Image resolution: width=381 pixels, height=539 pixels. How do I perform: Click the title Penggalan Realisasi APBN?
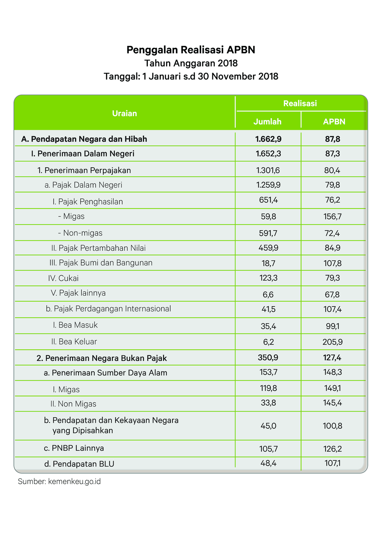(191, 50)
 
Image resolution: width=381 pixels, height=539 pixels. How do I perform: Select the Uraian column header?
(124, 113)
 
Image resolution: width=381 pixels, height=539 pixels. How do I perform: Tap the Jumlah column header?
(267, 121)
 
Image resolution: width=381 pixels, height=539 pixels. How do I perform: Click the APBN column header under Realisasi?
(334, 121)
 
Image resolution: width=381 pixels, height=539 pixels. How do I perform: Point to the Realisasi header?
(300, 103)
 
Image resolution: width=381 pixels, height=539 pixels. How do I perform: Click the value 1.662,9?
(268, 139)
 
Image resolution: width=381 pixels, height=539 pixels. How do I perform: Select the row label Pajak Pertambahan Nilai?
(98, 248)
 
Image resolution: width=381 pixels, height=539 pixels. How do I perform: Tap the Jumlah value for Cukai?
(268, 278)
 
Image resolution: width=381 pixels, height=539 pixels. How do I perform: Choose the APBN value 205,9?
(333, 342)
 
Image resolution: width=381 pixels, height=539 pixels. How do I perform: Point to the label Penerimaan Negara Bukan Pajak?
(102, 358)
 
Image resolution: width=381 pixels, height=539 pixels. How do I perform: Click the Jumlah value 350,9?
(268, 358)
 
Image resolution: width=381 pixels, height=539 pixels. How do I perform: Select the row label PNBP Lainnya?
(74, 448)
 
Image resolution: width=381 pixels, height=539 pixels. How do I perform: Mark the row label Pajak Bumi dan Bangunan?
(101, 263)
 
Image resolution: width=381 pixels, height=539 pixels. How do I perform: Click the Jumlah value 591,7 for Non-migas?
(268, 233)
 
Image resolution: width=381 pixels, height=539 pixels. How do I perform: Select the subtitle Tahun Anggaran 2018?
(191, 63)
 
